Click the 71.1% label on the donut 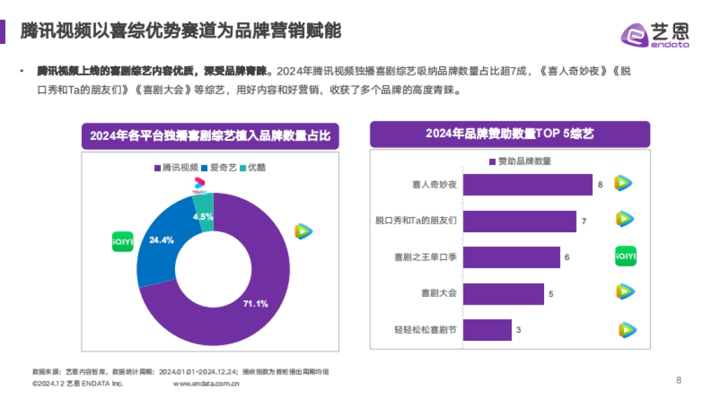point(256,304)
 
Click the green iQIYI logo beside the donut point(123,241)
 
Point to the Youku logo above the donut point(199,185)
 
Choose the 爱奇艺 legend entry point(219,168)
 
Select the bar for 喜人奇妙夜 point(527,184)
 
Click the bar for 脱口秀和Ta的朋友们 point(519,221)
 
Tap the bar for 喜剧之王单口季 point(511,257)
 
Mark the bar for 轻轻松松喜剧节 point(487,330)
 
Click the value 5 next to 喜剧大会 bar point(551,294)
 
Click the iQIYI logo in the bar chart point(625,257)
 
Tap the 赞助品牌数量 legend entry point(520,161)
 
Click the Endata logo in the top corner point(654,34)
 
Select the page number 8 point(679,380)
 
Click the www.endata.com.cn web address point(206,384)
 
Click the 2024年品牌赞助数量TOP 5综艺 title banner point(509,134)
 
